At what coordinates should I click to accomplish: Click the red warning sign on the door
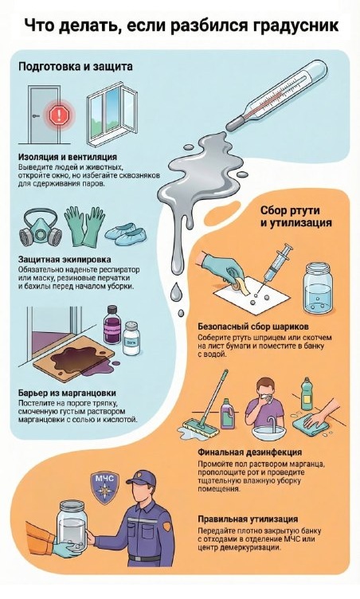coord(59,114)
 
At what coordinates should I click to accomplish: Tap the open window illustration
coord(112,114)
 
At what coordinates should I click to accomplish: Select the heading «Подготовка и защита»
coord(76,66)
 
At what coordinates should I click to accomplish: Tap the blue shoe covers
coord(126,235)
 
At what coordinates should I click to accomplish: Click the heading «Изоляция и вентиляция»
coord(68,157)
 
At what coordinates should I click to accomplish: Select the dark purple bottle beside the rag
coord(112,325)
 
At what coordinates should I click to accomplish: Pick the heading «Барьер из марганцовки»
coord(67,393)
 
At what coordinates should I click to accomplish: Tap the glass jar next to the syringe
coord(318,288)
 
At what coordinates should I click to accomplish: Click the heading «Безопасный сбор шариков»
coord(253,327)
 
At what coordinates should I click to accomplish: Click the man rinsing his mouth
coord(265,404)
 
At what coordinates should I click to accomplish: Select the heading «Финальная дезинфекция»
coord(249,452)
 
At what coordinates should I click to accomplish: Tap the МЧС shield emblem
coord(104,487)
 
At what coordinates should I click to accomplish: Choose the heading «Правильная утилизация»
coord(248,519)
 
